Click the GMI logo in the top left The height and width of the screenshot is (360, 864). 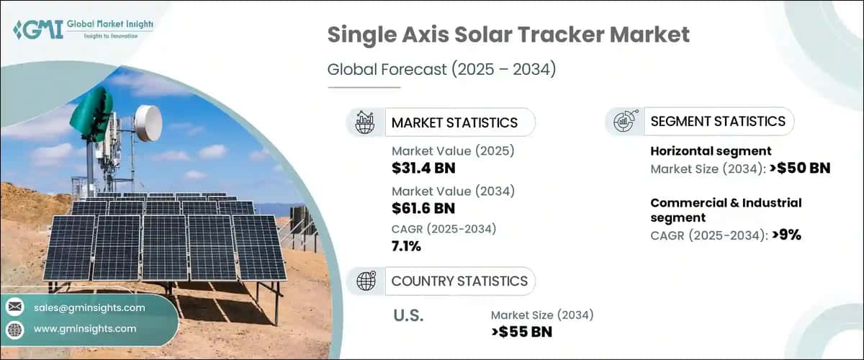click(83, 29)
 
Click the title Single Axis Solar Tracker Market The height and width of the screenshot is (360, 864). click(508, 34)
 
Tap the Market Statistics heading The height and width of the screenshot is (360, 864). click(454, 122)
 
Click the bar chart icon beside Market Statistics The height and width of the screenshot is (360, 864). click(365, 122)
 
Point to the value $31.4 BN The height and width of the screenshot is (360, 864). click(423, 168)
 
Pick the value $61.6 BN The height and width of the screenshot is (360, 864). click(423, 208)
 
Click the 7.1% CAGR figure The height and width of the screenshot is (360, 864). click(407, 247)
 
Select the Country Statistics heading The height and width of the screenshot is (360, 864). click(459, 281)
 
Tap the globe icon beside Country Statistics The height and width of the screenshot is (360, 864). click(365, 281)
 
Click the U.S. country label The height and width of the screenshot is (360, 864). click(408, 315)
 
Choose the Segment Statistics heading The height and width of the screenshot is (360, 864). click(717, 122)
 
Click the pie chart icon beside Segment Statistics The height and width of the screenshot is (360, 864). click(624, 122)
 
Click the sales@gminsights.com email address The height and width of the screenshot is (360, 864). click(89, 307)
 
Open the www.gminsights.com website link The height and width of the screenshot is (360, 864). click(85, 328)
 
